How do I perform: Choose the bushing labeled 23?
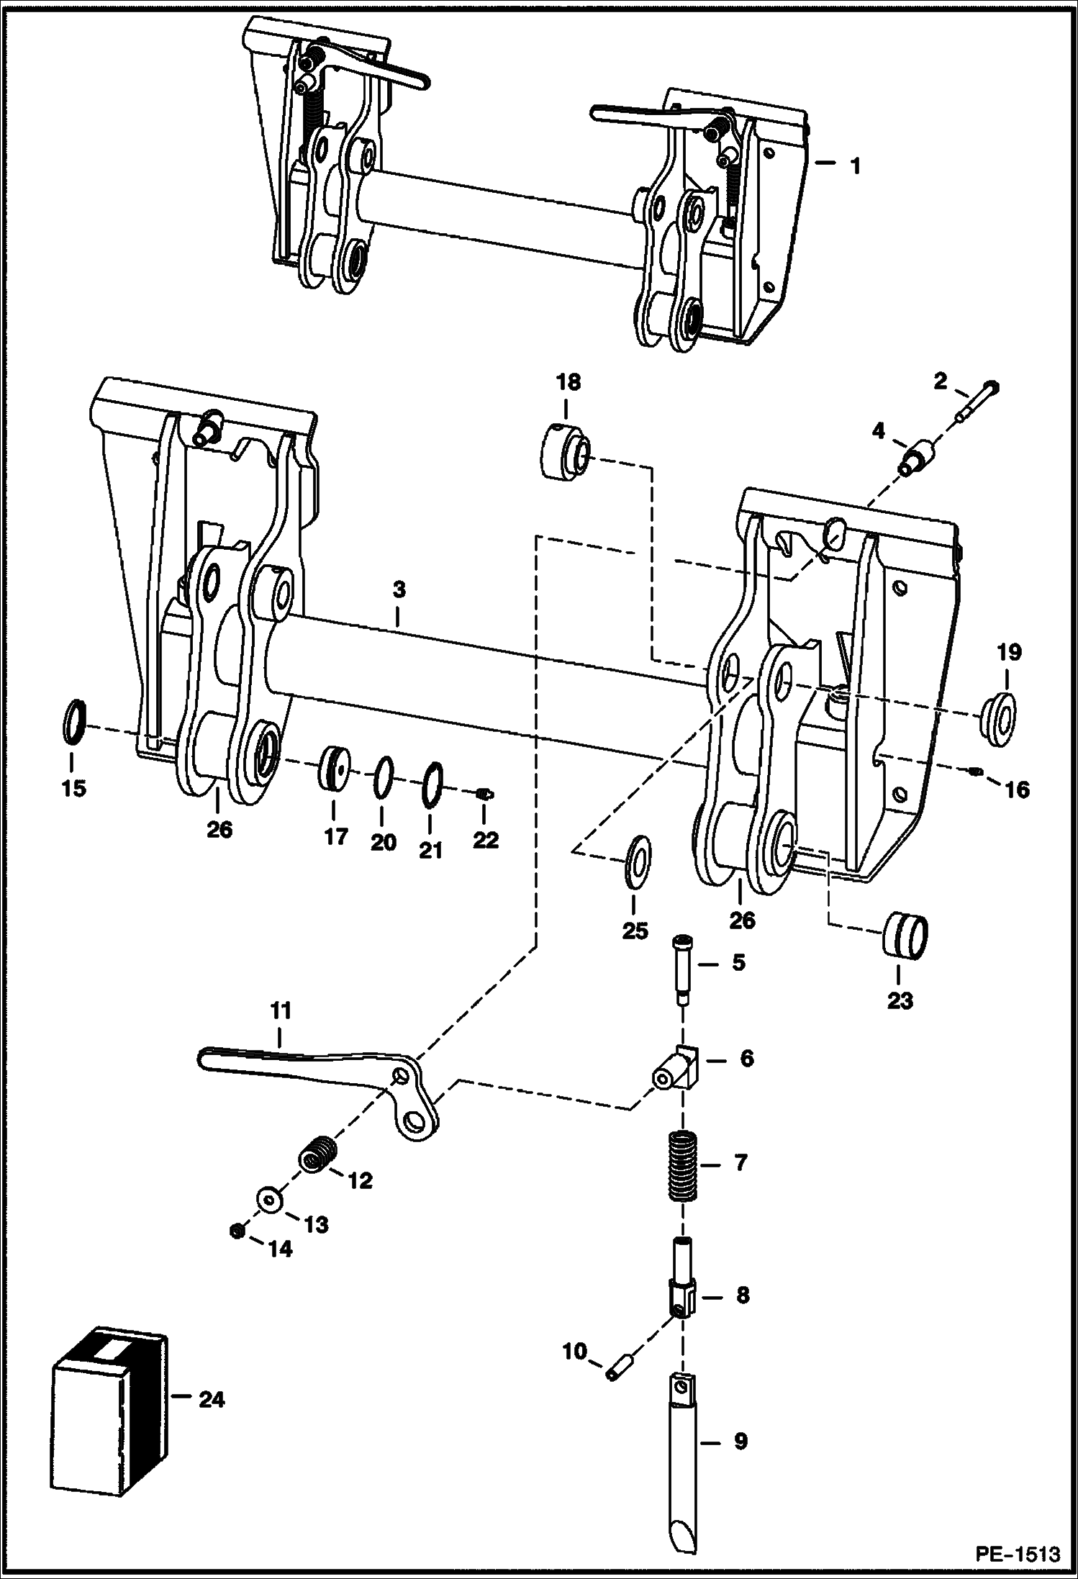pyautogui.click(x=905, y=936)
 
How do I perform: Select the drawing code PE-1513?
pyautogui.click(x=1017, y=1554)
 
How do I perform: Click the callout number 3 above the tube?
pyautogui.click(x=399, y=589)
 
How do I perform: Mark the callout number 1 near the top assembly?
pyautogui.click(x=854, y=166)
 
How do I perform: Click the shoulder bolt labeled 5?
pyautogui.click(x=681, y=968)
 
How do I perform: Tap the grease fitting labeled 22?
pyautogui.click(x=485, y=794)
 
